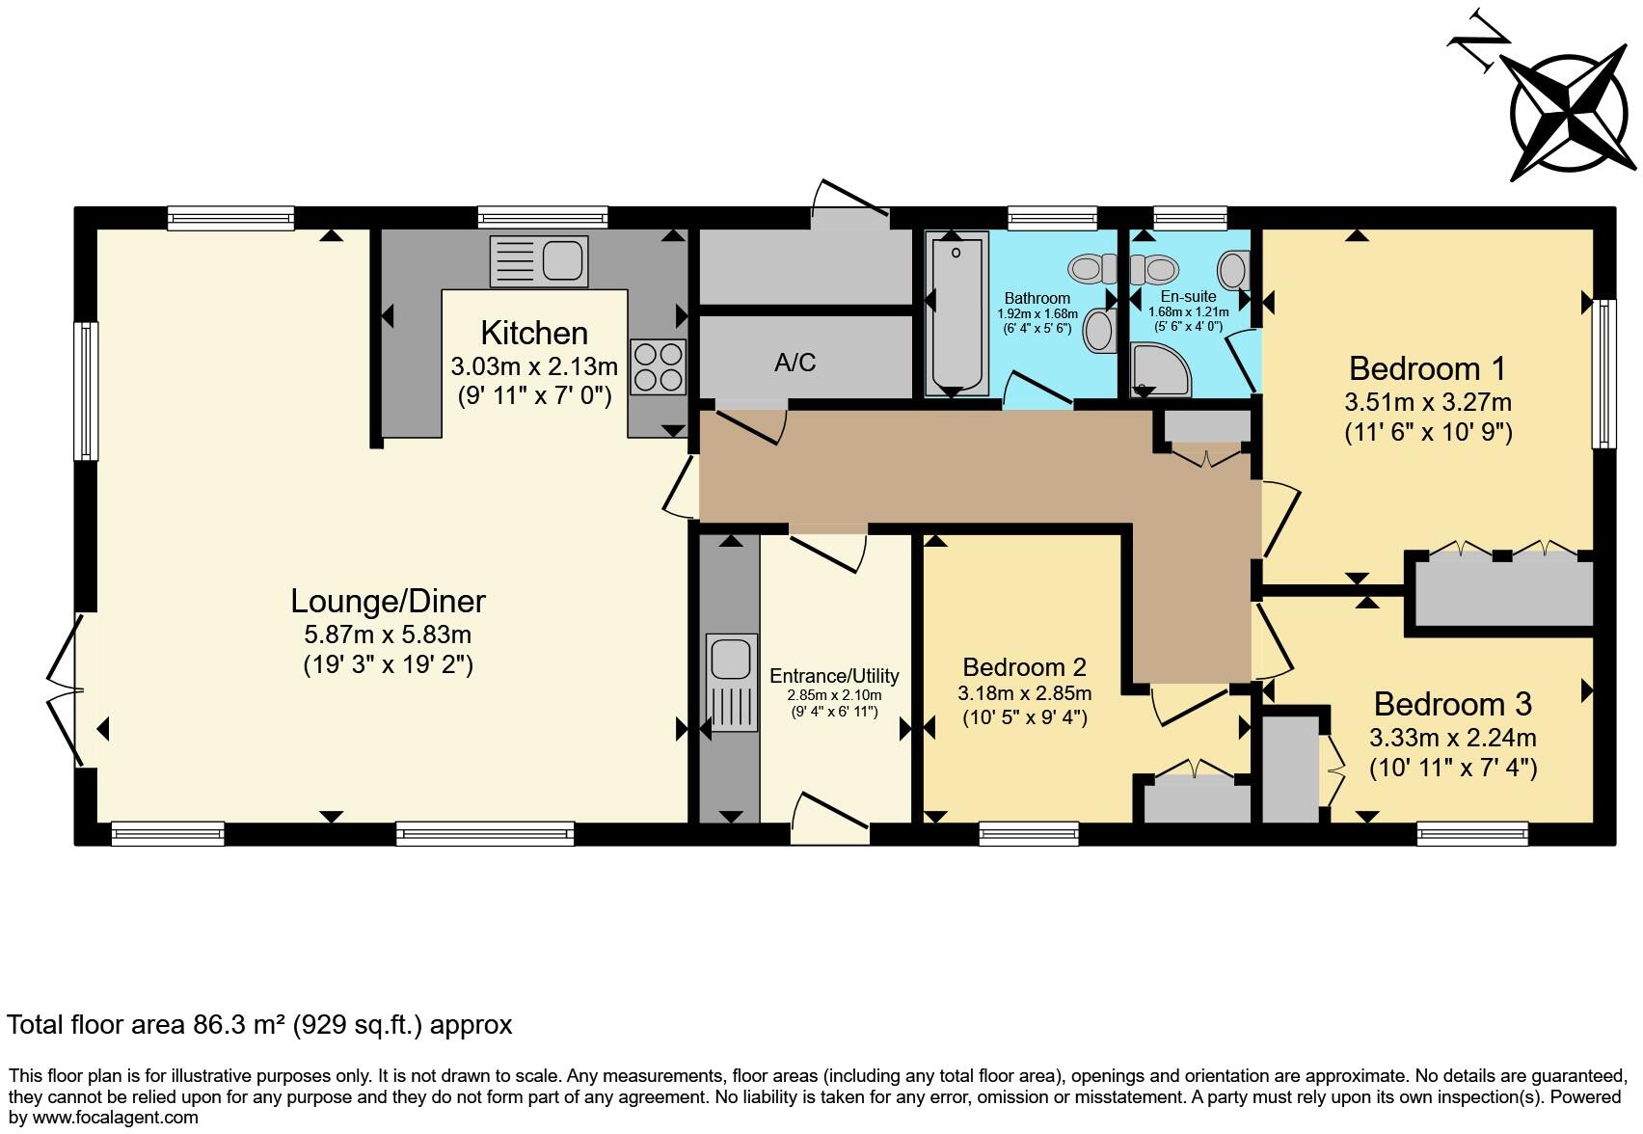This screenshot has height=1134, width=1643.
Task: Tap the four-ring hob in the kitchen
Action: pos(658,366)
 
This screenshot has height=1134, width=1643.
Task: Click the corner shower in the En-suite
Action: pos(1160,370)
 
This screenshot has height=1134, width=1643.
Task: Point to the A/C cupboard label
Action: pos(795,363)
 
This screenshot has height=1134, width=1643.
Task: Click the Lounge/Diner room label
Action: pos(388,602)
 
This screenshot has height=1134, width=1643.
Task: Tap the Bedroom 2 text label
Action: pos(1024,667)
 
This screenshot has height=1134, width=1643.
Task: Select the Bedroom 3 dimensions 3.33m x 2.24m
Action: pos(1452,739)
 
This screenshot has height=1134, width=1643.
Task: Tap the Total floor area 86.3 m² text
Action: pos(258,1024)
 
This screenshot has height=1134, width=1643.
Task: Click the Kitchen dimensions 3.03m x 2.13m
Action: pos(533,367)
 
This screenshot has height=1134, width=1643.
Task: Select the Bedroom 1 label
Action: pos(1427,368)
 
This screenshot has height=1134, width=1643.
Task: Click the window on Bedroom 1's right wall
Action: pos(1603,373)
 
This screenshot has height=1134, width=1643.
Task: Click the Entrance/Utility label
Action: pos(834,676)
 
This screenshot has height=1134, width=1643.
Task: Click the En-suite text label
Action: pos(1188,296)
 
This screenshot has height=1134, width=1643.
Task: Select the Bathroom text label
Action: pos(1037,298)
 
